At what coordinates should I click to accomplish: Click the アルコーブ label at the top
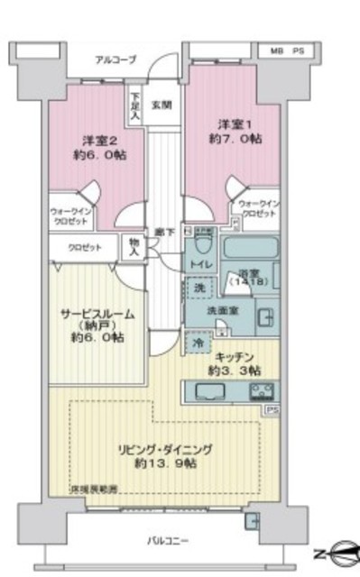(116, 60)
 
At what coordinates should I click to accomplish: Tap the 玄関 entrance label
(162, 105)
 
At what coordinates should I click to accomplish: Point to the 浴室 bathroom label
(249, 275)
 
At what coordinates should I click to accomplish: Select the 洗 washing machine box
(198, 288)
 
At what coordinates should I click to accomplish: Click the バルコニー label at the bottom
(169, 540)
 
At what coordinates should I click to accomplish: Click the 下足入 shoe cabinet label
(134, 104)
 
